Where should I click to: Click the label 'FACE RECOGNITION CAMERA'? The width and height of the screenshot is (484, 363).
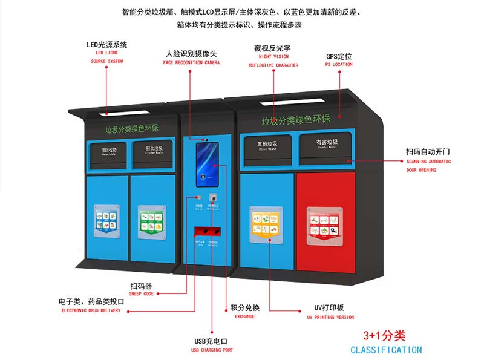(191, 63)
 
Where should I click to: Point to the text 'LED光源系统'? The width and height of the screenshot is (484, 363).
(106, 44)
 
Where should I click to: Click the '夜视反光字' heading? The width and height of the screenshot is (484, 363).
(273, 48)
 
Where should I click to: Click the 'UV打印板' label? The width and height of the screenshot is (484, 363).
(330, 307)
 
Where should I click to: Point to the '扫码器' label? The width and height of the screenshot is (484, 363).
(140, 285)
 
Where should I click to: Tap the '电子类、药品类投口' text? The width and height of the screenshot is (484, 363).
(91, 301)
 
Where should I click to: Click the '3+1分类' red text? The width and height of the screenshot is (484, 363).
(384, 336)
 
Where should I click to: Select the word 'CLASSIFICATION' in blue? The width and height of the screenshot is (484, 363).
(386, 350)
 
